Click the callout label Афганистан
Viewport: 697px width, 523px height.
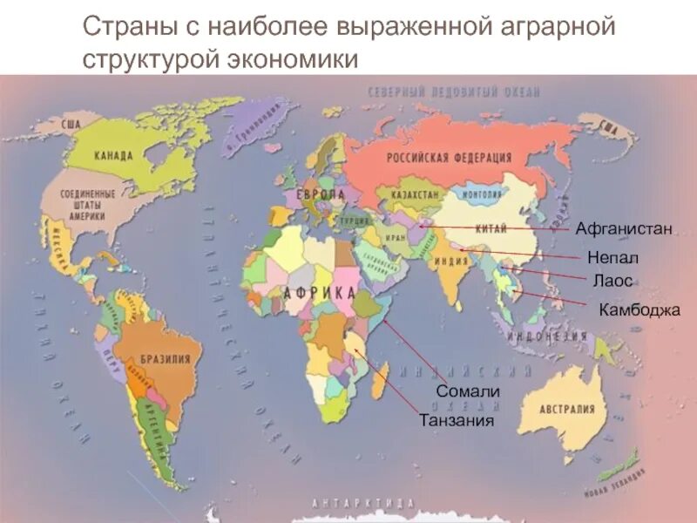coord(623,229)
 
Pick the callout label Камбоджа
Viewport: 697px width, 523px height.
coord(639,309)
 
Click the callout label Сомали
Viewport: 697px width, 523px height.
coord(467,391)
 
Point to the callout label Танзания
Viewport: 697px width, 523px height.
coord(457,420)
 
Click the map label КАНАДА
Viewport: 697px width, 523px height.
coord(113,156)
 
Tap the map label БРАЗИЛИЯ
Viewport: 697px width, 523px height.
coord(159,358)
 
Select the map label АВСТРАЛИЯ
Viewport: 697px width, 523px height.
coord(566,410)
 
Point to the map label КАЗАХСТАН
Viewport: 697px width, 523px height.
coord(415,195)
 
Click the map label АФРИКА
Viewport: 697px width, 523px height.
coord(319,294)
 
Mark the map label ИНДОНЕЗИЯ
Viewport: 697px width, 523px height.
coord(547,336)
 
